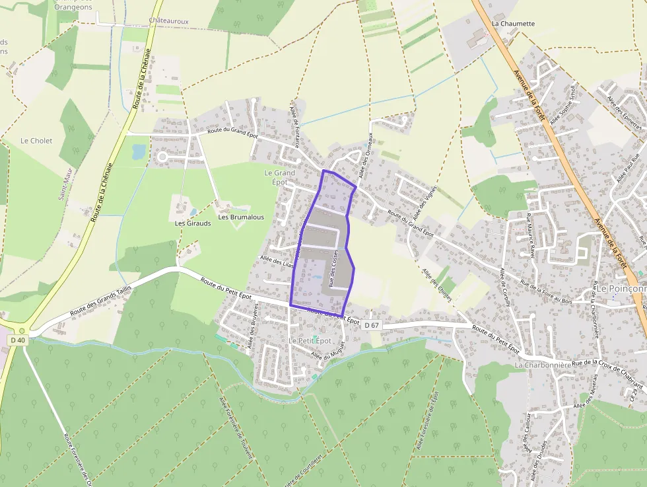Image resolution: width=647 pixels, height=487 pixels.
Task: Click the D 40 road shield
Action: tap(17, 340)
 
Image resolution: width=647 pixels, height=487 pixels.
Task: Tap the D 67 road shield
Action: tap(372, 324)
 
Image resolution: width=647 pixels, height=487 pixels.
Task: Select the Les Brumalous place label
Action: tap(241, 217)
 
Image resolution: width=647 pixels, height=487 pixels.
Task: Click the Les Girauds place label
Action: tap(193, 223)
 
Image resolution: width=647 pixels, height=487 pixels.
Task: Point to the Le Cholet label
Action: tap(36, 141)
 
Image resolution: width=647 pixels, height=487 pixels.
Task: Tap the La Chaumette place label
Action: tap(513, 23)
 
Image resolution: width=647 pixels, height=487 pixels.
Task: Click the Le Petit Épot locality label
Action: tap(310, 340)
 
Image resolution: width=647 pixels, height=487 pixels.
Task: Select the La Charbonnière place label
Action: tap(542, 365)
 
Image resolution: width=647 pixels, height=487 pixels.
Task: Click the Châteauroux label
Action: tap(168, 21)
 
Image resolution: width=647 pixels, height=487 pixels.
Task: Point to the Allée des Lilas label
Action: tap(277, 261)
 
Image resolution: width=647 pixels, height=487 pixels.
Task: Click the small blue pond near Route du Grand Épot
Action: tap(139, 152)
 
